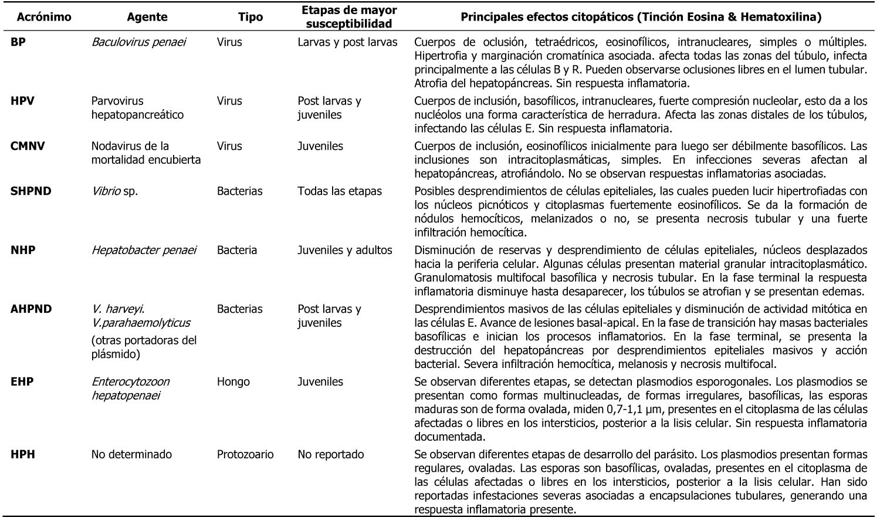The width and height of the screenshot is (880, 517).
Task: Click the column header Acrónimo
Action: [44, 17]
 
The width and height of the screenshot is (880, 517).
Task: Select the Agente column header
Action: [147, 17]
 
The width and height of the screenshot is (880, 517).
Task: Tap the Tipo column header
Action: [251, 17]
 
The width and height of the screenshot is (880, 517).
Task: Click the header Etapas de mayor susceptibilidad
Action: [348, 17]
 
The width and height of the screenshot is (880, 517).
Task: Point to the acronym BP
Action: [18, 42]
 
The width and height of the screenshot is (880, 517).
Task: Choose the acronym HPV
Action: [22, 101]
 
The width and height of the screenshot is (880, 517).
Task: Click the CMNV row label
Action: [28, 146]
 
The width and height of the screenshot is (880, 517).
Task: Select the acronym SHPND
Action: [31, 191]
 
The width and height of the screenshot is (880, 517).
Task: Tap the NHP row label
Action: [23, 250]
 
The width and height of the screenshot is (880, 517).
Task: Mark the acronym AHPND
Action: [31, 309]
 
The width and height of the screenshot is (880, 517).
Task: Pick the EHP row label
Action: [22, 382]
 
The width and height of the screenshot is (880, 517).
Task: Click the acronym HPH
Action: [22, 454]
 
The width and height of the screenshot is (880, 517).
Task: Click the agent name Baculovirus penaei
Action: [138, 42]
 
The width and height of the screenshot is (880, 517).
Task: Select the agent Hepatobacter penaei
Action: [144, 250]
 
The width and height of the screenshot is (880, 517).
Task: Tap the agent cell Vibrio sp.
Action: [114, 191]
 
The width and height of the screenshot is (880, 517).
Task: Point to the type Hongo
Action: [233, 382]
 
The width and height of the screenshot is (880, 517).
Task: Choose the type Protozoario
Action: [245, 454]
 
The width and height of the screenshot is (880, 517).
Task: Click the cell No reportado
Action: [331, 454]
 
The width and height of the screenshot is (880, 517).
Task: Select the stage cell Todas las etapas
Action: [340, 191]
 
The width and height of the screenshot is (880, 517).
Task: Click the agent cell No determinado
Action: [131, 454]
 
